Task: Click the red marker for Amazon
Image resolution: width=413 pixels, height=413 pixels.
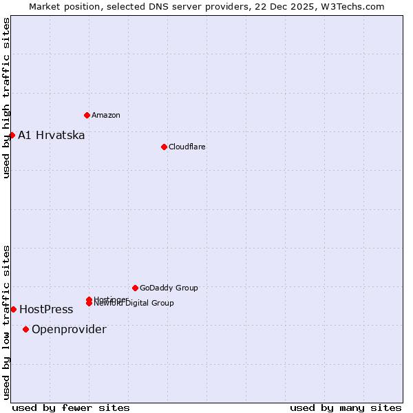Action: point(87,115)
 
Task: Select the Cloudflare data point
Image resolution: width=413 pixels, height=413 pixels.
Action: point(164,147)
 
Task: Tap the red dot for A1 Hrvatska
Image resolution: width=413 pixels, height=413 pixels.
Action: point(12,135)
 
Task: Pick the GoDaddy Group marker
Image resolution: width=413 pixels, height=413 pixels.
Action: point(135,288)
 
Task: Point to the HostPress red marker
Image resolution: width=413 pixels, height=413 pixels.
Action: point(13,309)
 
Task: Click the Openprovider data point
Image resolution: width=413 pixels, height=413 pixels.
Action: point(25,329)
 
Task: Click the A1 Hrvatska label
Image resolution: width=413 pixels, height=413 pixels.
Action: point(52,135)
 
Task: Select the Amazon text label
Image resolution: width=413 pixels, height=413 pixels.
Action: point(106,115)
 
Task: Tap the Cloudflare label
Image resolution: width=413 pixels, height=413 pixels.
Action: point(187,147)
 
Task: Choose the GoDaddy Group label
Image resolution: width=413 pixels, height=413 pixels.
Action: point(169,288)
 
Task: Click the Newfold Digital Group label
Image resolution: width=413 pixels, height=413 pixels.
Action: point(134,304)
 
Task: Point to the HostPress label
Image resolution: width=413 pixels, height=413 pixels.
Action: point(46,310)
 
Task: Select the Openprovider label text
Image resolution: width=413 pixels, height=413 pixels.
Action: point(69,330)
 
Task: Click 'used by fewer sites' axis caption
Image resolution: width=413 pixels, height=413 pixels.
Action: point(71,407)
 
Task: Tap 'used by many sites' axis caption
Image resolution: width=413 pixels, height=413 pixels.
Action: point(346,407)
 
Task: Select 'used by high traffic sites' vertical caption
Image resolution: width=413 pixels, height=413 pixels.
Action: point(6,98)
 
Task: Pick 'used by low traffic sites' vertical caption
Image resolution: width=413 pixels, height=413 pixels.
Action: point(6,321)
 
